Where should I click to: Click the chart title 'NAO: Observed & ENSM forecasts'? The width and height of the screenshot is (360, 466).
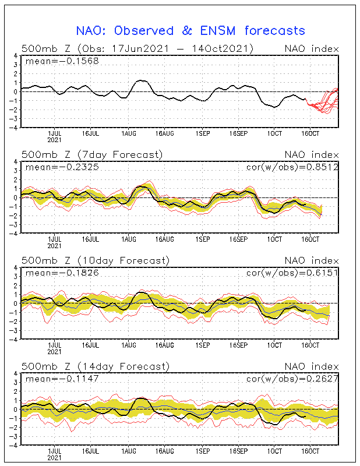(x=190, y=30)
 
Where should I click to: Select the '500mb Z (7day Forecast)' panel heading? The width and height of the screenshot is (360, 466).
(x=92, y=154)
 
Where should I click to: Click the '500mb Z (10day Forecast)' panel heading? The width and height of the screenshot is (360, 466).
(x=94, y=260)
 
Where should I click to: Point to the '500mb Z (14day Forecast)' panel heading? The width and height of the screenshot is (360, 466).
(x=94, y=366)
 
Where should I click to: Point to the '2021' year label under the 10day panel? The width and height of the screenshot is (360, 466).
(x=55, y=352)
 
